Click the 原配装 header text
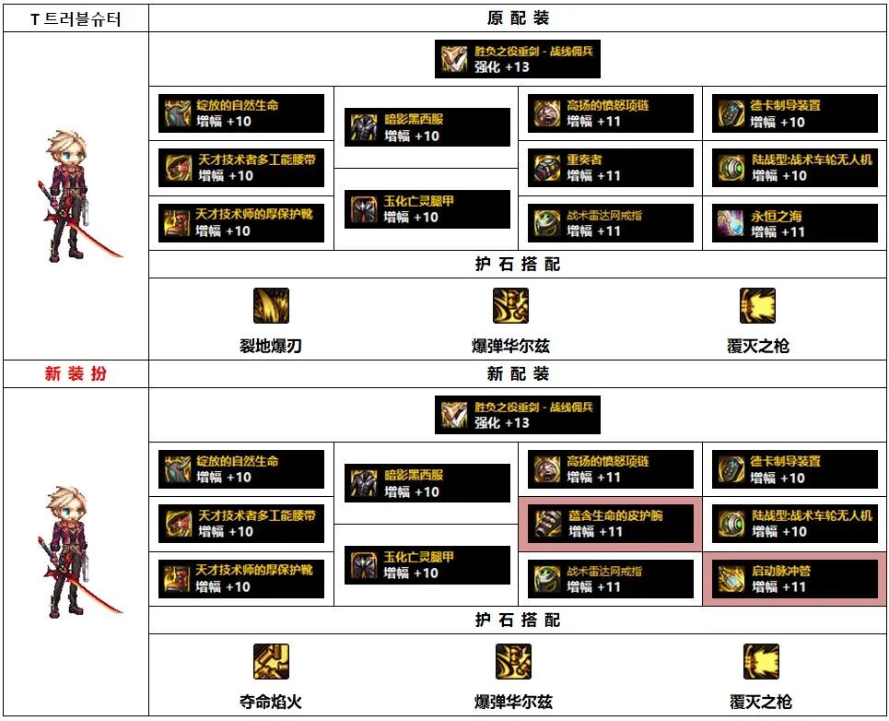(518, 18)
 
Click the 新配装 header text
(518, 373)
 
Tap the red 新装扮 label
(76, 373)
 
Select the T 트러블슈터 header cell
(76, 18)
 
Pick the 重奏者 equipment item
(610, 168)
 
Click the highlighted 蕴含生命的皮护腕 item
(610, 524)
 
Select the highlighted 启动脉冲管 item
(794, 579)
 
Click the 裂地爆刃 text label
(271, 347)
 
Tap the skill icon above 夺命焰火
(271, 661)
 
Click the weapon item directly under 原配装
(518, 59)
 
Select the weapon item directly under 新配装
(518, 415)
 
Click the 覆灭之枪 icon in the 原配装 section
(757, 305)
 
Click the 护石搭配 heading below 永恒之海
(518, 265)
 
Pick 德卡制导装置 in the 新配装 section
(794, 469)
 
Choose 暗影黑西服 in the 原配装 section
(427, 127)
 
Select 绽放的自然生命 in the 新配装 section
(241, 469)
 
